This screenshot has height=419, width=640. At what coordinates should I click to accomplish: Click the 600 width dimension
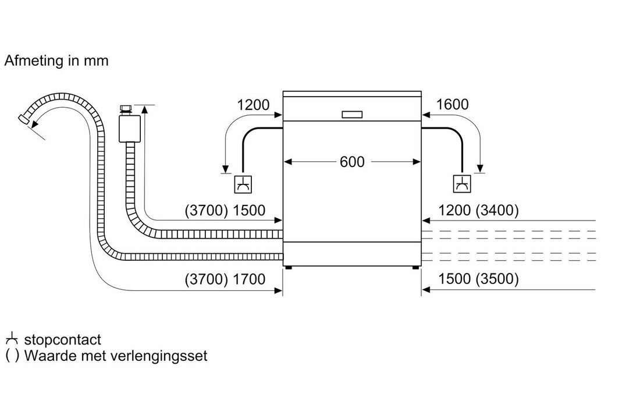pyautogui.click(x=352, y=162)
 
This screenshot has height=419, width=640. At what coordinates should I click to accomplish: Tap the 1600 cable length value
pyautogui.click(x=451, y=105)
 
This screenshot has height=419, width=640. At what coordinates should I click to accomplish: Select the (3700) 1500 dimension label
pyautogui.click(x=225, y=211)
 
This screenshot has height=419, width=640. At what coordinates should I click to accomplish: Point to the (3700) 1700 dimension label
pyautogui.click(x=225, y=279)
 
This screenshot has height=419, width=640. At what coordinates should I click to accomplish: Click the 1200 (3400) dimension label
pyautogui.click(x=478, y=211)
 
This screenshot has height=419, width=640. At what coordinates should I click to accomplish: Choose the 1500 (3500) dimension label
pyautogui.click(x=478, y=279)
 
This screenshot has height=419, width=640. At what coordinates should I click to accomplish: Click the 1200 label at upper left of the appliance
pyautogui.click(x=254, y=105)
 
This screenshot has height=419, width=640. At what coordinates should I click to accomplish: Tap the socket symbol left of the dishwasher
pyautogui.click(x=243, y=184)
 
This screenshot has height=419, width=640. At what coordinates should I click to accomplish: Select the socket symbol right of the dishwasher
pyautogui.click(x=463, y=184)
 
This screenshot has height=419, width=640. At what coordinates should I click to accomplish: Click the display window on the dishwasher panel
pyautogui.click(x=352, y=114)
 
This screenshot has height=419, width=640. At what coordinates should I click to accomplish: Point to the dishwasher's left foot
pyautogui.click(x=288, y=268)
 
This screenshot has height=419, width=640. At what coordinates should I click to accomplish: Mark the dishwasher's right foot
pyautogui.click(x=415, y=268)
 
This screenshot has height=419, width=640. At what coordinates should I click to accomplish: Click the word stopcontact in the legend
pyautogui.click(x=62, y=340)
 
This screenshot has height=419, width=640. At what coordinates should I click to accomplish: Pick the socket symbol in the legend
pyautogui.click(x=11, y=339)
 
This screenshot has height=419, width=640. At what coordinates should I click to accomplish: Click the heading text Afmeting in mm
pyautogui.click(x=56, y=61)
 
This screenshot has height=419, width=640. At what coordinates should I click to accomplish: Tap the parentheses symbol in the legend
pyautogui.click(x=11, y=356)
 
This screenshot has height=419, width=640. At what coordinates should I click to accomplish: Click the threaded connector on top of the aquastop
pyautogui.click(x=125, y=109)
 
